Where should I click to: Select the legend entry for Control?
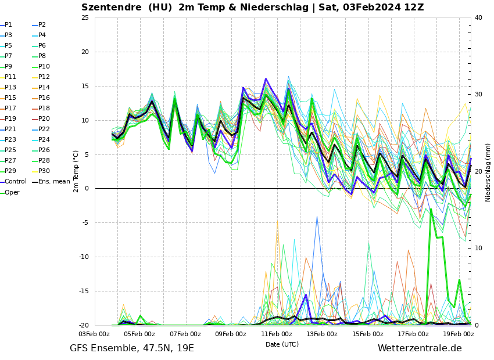click(x=16, y=182)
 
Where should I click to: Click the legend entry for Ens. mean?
click(x=54, y=182)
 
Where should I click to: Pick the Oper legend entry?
click(x=12, y=192)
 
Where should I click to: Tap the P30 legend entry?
click(x=44, y=171)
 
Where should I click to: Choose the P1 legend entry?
click(x=8, y=25)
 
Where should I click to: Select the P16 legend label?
click(x=44, y=98)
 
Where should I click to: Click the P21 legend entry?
click(x=10, y=129)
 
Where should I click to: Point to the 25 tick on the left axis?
click(x=85, y=18)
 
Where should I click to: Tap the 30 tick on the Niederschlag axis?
click(x=478, y=94)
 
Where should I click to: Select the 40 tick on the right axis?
click(x=478, y=17)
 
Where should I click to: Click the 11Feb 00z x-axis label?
click(x=277, y=334)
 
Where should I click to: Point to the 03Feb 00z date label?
click(x=94, y=334)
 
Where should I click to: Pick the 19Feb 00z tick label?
click(x=459, y=334)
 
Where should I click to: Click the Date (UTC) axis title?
click(x=282, y=344)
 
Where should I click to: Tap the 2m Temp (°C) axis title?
click(x=76, y=171)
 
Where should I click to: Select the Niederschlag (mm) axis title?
click(x=488, y=172)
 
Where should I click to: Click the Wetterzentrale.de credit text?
click(x=420, y=348)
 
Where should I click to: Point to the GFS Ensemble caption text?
click(x=132, y=348)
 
